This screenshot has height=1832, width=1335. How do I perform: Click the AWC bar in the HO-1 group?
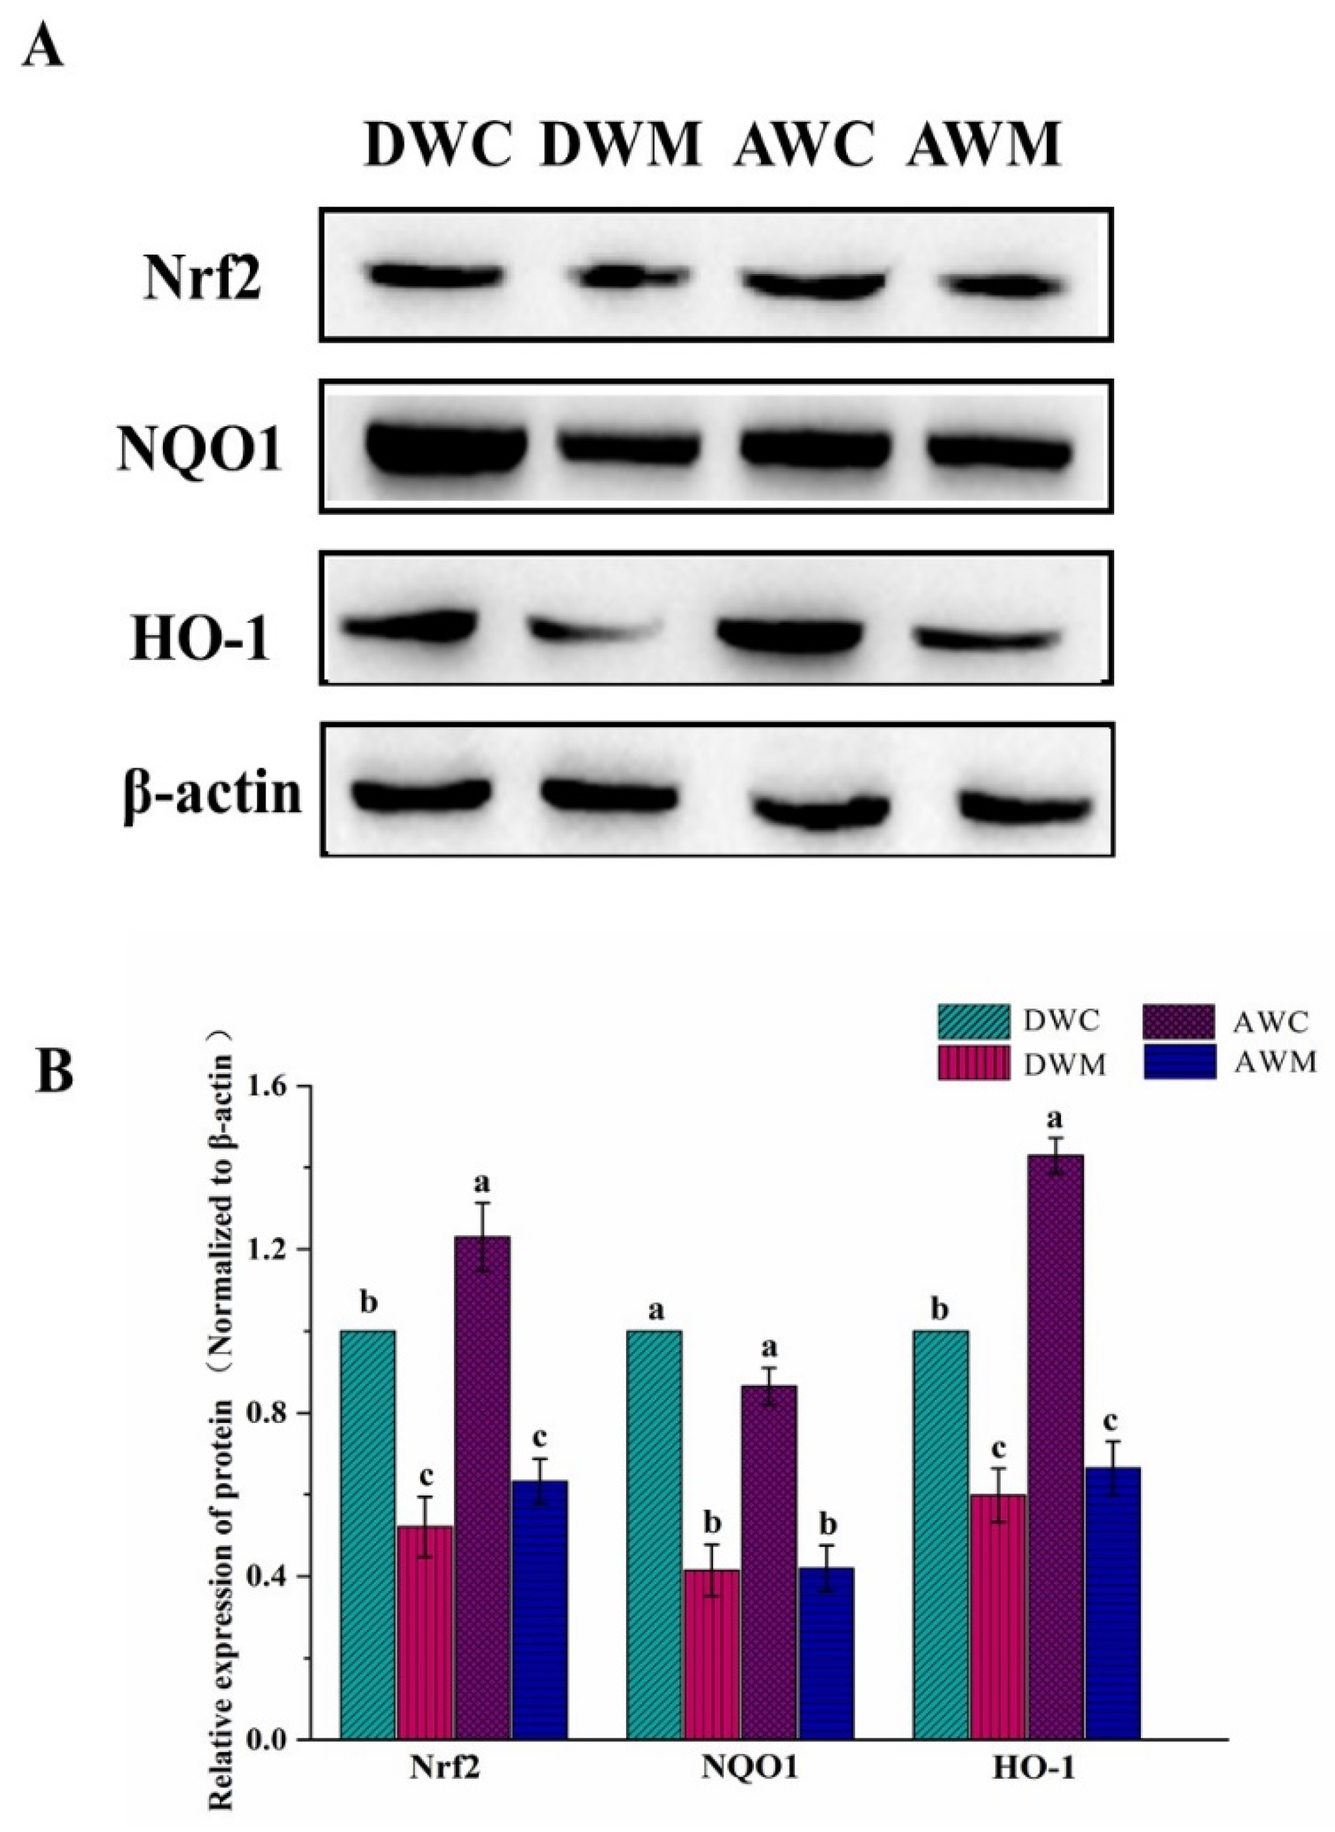[1055, 1455]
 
